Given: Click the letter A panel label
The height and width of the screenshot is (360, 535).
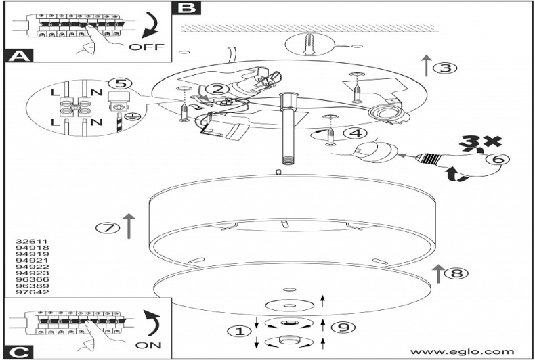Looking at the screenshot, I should (x=18, y=57).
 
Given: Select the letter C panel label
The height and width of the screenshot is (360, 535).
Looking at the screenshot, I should (x=18, y=351).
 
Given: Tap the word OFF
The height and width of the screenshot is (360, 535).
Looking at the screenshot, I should (x=146, y=47).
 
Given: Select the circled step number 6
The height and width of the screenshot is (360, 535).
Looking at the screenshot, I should (x=496, y=160).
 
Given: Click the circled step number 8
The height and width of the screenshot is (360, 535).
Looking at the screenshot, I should (x=458, y=273).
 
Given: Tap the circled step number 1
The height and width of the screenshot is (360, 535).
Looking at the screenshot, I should (x=237, y=332).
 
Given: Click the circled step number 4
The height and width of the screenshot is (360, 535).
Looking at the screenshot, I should (x=358, y=134).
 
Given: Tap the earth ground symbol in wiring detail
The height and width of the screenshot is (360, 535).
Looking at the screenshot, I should (x=135, y=116).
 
